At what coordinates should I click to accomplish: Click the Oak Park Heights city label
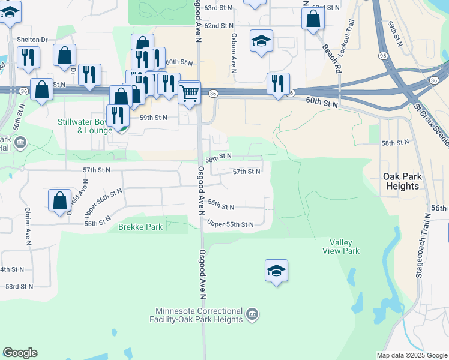pyautogui.click(x=402, y=181)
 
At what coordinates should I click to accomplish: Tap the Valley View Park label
pyautogui.click(x=345, y=247)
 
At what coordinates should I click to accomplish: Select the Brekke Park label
pyautogui.click(x=140, y=227)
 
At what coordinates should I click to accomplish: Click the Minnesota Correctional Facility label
pyautogui.click(x=199, y=315)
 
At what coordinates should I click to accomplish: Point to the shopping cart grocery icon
pyautogui.click(x=190, y=93)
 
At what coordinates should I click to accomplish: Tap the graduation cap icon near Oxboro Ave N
pyautogui.click(x=261, y=41)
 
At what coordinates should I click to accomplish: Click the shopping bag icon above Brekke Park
pyautogui.click(x=60, y=201)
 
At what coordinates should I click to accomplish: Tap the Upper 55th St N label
pyautogui.click(x=231, y=224)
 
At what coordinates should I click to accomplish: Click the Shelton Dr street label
pyautogui.click(x=32, y=40)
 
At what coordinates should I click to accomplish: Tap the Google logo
pyautogui.click(x=20, y=353)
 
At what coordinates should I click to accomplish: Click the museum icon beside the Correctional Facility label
pyautogui.click(x=252, y=314)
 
